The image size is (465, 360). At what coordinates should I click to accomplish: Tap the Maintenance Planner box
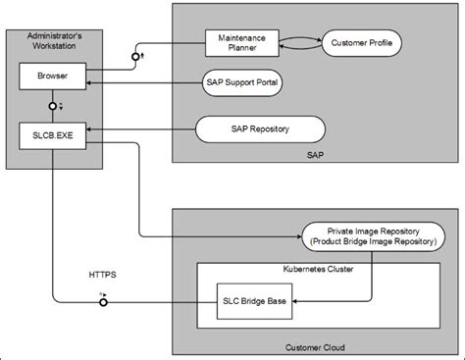coord(241,43)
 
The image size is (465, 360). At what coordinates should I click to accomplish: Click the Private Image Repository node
coord(372,234)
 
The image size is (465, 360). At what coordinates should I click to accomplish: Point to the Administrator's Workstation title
coord(50,45)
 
